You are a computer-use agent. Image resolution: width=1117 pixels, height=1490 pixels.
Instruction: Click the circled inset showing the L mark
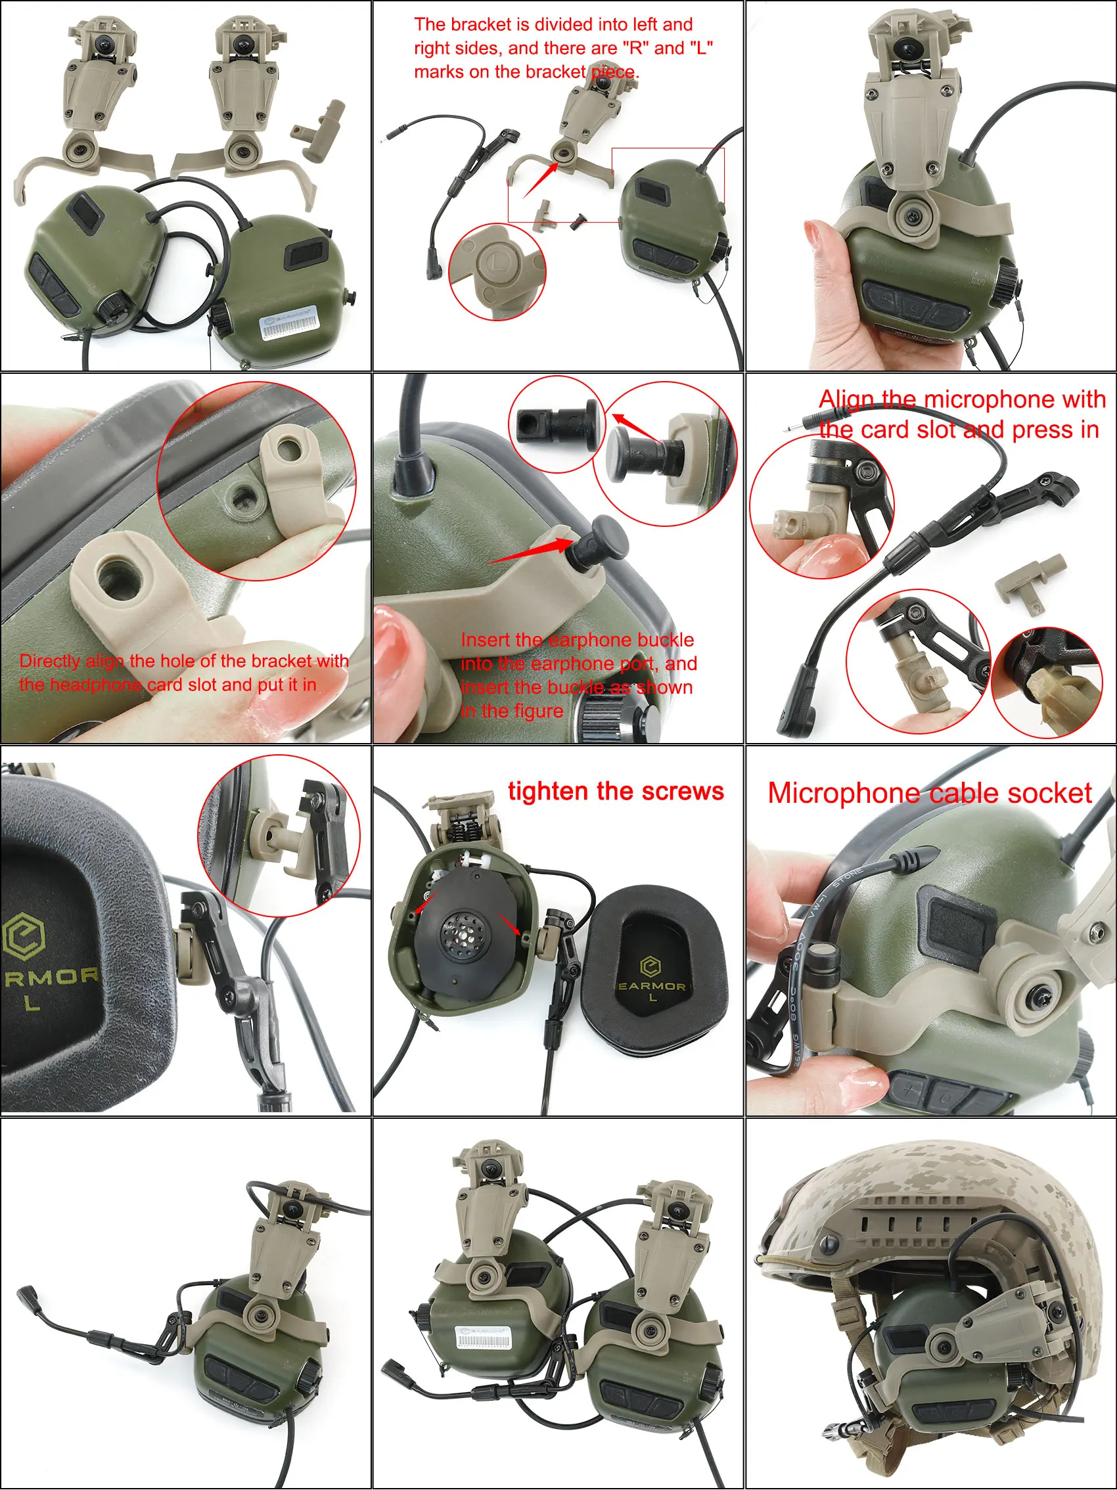[497, 271]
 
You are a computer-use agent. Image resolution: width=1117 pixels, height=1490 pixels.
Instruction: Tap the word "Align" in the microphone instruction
[846, 399]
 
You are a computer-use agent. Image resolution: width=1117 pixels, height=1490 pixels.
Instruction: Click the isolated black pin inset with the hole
[557, 424]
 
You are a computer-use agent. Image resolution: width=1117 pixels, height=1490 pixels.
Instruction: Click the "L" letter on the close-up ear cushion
[31, 1004]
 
